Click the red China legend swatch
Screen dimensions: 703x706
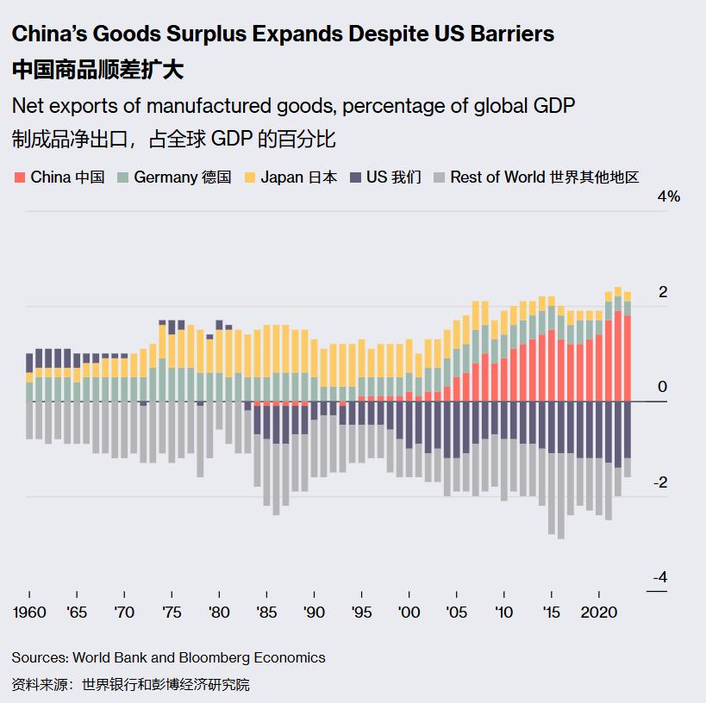[x=20, y=177]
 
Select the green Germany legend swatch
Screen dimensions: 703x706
[x=123, y=177]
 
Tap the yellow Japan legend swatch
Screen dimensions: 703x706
[x=250, y=177]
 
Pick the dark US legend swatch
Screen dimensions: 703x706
[x=355, y=177]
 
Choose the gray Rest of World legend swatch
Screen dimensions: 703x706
[x=439, y=177]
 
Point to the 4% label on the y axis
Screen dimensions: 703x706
[x=669, y=196]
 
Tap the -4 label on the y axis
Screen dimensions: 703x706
[x=659, y=578]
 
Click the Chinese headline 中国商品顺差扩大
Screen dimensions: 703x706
[x=97, y=70]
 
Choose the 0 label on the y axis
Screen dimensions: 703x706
[x=662, y=387]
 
